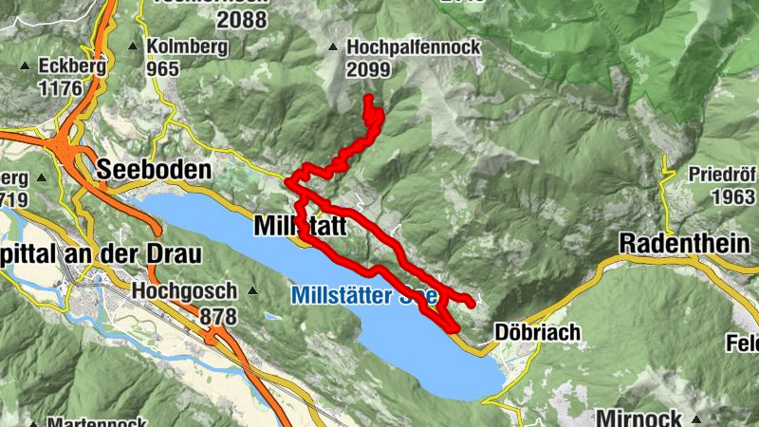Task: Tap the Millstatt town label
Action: pyautogui.click(x=300, y=228)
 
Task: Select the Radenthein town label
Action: pyautogui.click(x=684, y=244)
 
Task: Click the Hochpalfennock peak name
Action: pyautogui.click(x=414, y=46)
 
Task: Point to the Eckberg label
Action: pyautogui.click(x=69, y=66)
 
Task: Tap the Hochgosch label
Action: pyautogui.click(x=186, y=290)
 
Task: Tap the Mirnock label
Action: pyautogui.click(x=639, y=418)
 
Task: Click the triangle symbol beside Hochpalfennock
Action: pyautogui.click(x=333, y=47)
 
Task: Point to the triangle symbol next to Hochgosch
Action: pyautogui.click(x=252, y=290)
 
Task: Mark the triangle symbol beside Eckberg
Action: pyautogui.click(x=25, y=67)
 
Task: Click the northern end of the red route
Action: pyautogui.click(x=367, y=98)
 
